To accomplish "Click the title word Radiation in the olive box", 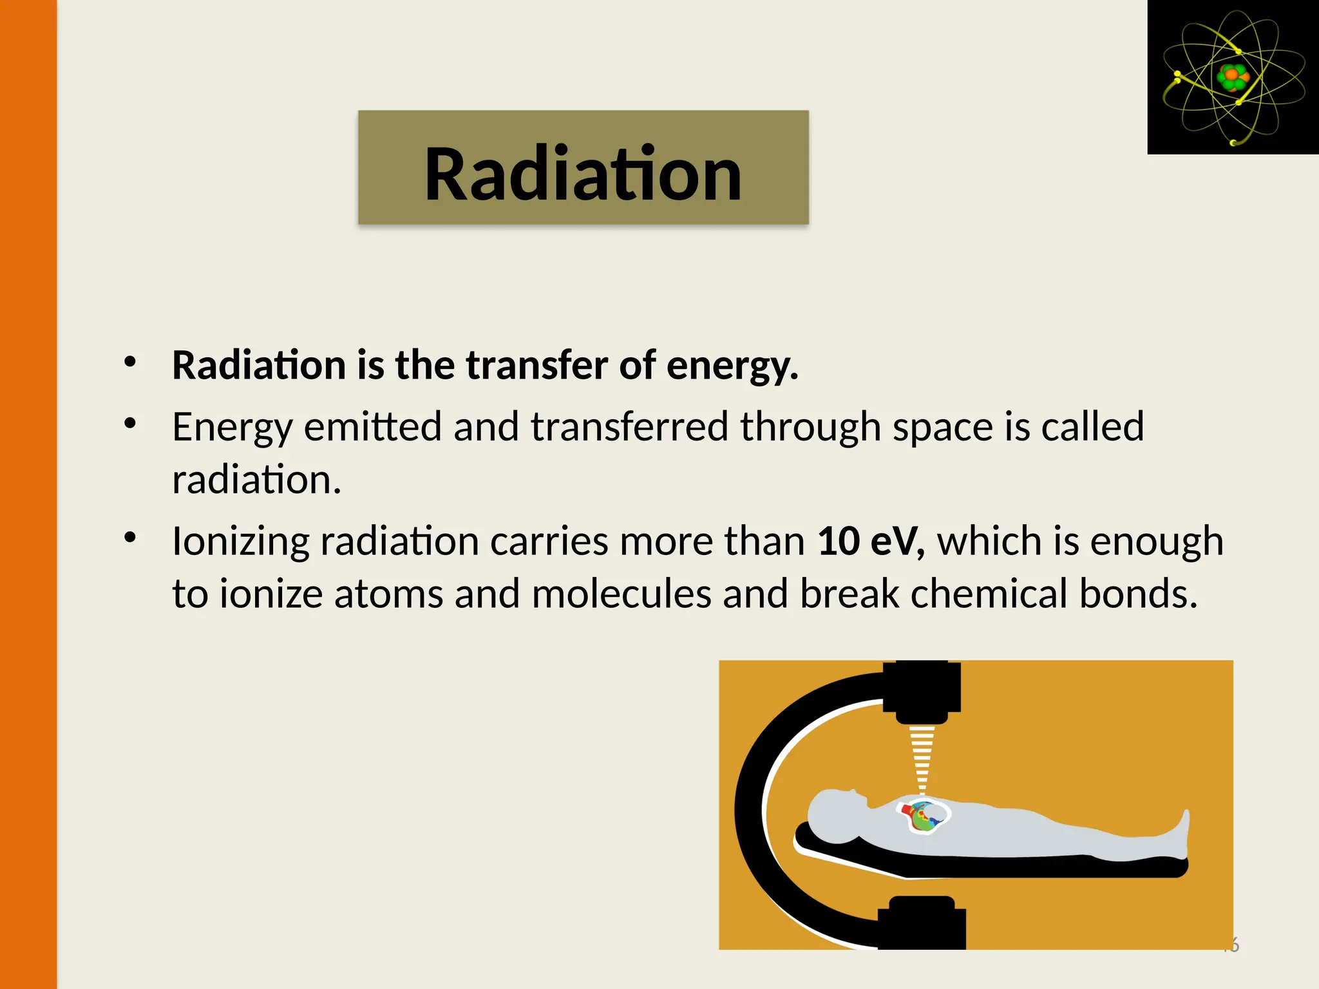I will point(583,174).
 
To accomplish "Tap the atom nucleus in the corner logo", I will point(1233,77).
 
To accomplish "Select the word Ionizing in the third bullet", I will point(241,542).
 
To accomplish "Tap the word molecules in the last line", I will point(622,593).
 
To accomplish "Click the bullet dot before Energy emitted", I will point(131,423).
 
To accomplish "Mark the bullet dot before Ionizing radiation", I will point(131,537).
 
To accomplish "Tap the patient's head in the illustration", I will point(834,815).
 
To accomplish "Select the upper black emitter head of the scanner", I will point(922,692).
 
